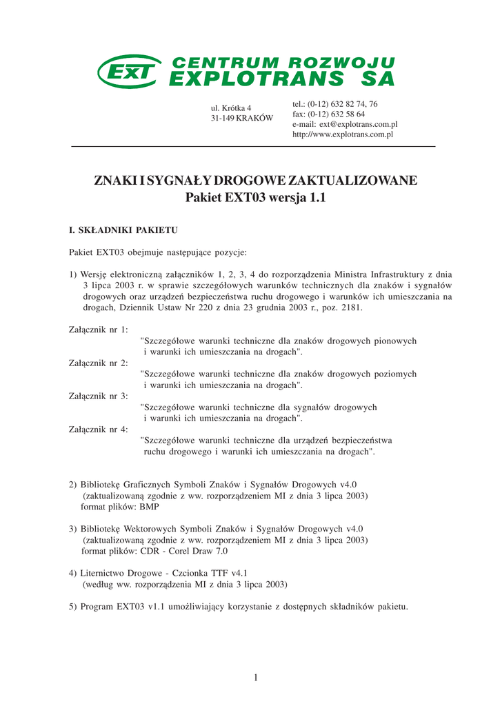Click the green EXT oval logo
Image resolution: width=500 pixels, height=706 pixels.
[129, 72]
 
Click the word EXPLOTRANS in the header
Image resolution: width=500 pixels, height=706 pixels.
[255, 80]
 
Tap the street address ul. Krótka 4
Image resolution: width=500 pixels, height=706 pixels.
[230, 108]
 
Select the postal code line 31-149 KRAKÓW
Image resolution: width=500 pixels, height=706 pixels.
[241, 119]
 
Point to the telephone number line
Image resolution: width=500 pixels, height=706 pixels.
[335, 103]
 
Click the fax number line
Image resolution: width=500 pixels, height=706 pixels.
[329, 114]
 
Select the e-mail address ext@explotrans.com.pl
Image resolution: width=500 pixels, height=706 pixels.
[345, 124]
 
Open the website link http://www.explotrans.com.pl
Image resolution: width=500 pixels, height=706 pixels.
[343, 134]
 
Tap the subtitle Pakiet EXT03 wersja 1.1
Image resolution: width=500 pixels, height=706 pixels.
[254, 199]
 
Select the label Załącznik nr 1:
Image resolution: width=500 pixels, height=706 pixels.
[99, 329]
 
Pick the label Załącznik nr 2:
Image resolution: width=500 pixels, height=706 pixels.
[99, 363]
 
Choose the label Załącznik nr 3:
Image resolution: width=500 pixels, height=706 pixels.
[99, 396]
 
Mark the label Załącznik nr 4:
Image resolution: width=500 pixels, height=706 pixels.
[99, 430]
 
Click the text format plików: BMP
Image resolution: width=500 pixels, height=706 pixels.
[120, 507]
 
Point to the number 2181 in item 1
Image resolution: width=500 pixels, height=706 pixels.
[350, 308]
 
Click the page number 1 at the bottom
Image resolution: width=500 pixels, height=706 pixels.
[255, 678]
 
